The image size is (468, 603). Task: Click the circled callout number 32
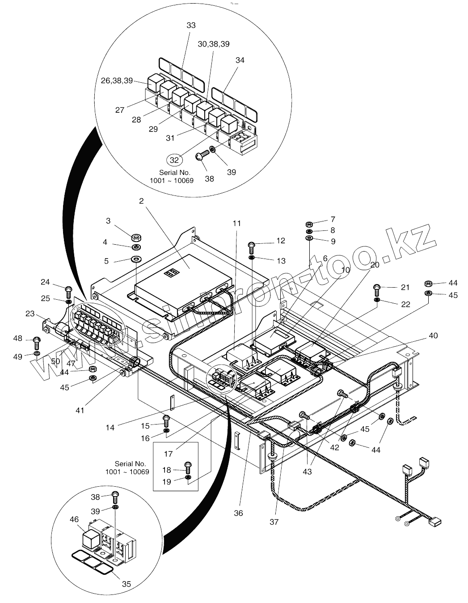pyautogui.click(x=175, y=159)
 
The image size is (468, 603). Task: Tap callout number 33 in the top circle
pyautogui.click(x=191, y=25)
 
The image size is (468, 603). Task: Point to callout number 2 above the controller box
pyautogui.click(x=141, y=201)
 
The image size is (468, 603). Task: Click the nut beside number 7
pyautogui.click(x=309, y=223)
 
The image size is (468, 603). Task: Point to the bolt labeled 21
pyautogui.click(x=377, y=289)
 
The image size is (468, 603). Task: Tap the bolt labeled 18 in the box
pyautogui.click(x=189, y=467)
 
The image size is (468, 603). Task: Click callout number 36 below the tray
pyautogui.click(x=238, y=513)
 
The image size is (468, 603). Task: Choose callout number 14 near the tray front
pyautogui.click(x=110, y=427)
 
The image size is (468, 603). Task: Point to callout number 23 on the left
pyautogui.click(x=30, y=314)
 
